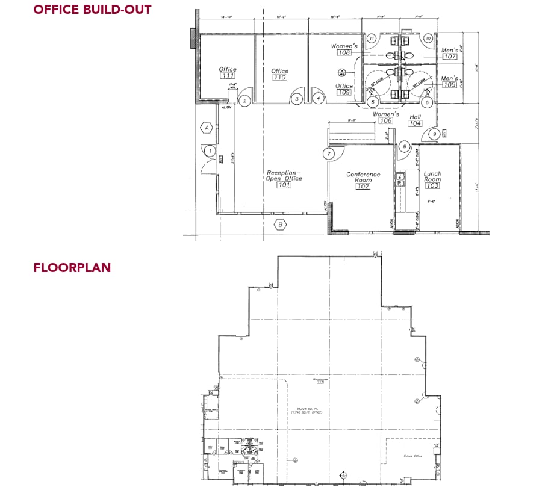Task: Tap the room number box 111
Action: (x=228, y=76)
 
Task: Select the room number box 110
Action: (x=279, y=78)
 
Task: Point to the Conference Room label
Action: (x=363, y=177)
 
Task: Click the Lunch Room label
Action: (x=432, y=176)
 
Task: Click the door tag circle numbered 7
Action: (x=329, y=154)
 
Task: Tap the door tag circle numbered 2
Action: (x=244, y=101)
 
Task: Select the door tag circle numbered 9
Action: (x=434, y=134)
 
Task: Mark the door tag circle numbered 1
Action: (x=210, y=150)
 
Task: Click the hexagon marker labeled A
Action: (x=207, y=128)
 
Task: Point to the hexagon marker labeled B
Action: (x=279, y=225)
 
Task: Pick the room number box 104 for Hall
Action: (x=414, y=123)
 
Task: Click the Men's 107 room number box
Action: (x=449, y=57)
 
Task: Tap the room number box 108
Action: (x=344, y=53)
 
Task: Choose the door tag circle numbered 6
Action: (x=427, y=102)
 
